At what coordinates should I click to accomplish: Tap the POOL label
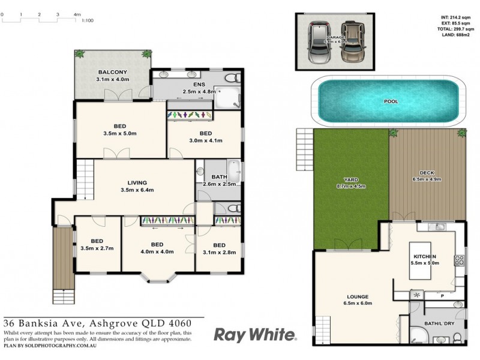pyautogui.click(x=391, y=101)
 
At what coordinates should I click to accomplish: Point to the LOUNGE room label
pyautogui.click(x=358, y=296)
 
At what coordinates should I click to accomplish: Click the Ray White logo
pyautogui.click(x=254, y=334)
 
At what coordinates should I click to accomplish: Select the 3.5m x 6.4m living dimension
pyautogui.click(x=137, y=190)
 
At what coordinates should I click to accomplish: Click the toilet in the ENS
pyautogui.click(x=232, y=78)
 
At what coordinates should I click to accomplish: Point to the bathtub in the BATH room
pyautogui.click(x=233, y=170)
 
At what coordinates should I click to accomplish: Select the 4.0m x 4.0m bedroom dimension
pyautogui.click(x=157, y=251)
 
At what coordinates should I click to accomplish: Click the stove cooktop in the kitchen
pyautogui.click(x=460, y=260)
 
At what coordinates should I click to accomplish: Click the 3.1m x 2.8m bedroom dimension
pyautogui.click(x=219, y=253)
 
